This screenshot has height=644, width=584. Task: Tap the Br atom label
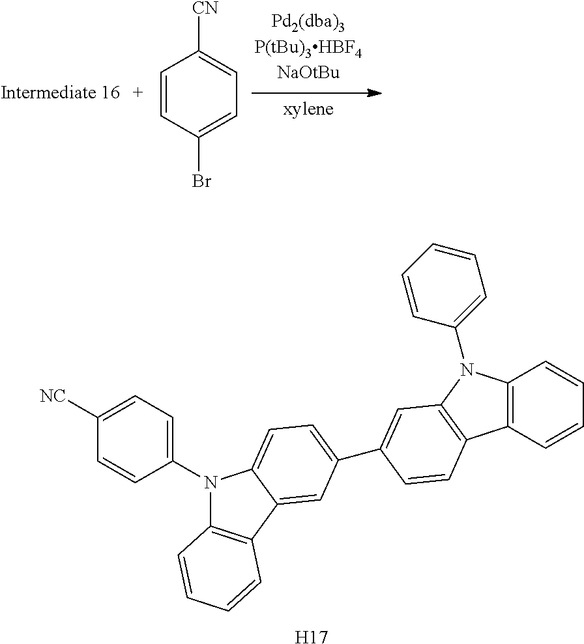point(201,181)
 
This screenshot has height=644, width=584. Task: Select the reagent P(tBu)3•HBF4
point(308,49)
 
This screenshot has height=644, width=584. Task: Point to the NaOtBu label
point(308,73)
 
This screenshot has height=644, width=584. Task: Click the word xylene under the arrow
point(308,109)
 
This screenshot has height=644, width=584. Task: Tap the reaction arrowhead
point(373,92)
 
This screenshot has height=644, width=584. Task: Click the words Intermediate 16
point(60,93)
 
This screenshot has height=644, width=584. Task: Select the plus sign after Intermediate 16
point(138,93)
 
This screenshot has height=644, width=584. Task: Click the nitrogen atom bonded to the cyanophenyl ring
point(210,483)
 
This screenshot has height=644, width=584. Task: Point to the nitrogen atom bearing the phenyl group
point(465,371)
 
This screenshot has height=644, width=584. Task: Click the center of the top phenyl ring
point(444,283)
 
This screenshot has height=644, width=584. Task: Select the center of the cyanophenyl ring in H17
point(135,438)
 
